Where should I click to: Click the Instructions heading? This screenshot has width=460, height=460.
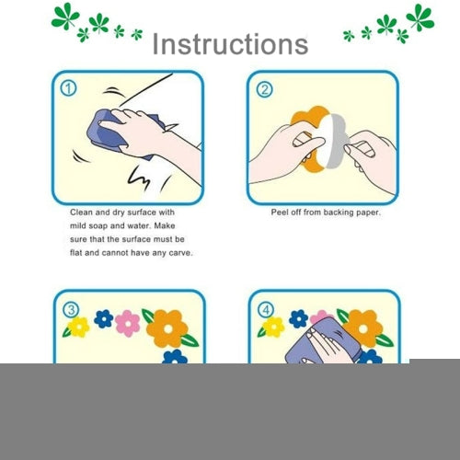pos(230,44)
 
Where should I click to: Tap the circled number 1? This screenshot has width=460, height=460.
pos(68,88)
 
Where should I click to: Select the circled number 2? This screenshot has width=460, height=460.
pos(264,89)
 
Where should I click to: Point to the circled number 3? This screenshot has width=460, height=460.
pos(71,310)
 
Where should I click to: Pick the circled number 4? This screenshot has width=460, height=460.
pos(266,310)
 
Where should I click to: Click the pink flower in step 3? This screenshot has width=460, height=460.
pos(128,323)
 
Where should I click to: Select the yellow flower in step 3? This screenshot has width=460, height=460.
pos(78,327)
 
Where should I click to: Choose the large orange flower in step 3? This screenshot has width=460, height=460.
pos(167,328)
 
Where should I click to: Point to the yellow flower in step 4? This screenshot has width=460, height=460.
pos(273,327)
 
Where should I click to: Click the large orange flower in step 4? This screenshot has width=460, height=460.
pos(363,328)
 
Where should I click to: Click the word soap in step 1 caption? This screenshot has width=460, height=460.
pos(98,226)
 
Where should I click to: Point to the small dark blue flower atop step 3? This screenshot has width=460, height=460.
pos(104,318)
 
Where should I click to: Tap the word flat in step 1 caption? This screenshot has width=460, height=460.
pos(75,253)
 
